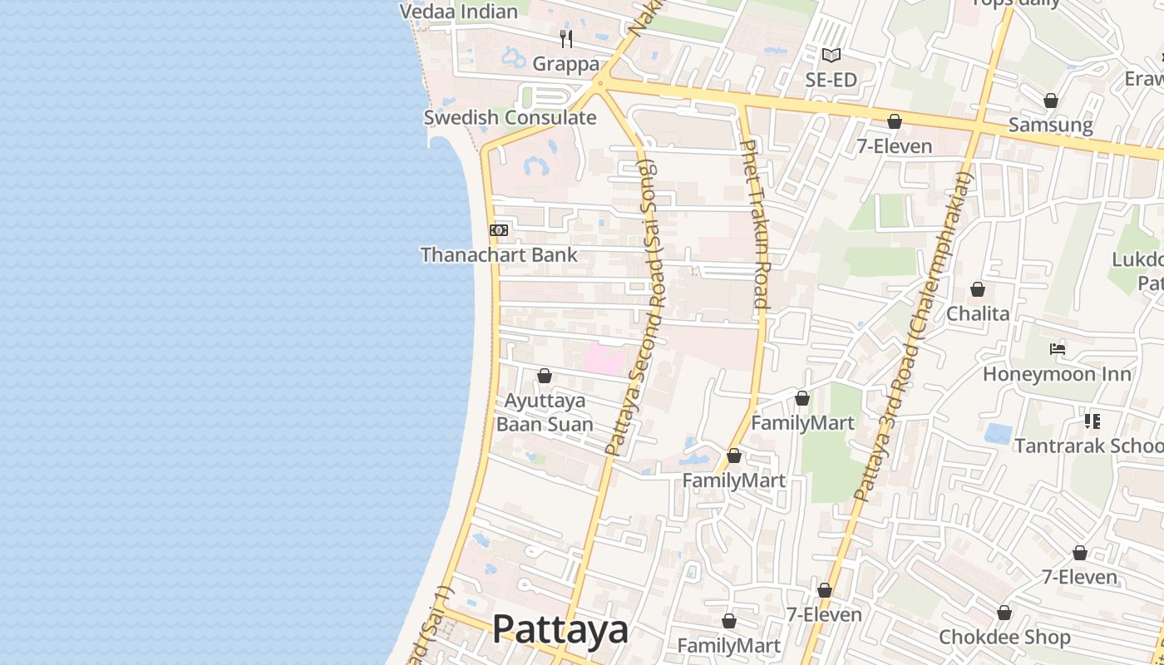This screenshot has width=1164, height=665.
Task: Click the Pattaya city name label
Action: coord(560,629)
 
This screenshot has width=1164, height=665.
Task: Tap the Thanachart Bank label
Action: coord(499,255)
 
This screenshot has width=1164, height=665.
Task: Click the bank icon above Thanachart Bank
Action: coord(499,230)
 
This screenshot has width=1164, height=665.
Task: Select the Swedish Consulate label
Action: coord(510,117)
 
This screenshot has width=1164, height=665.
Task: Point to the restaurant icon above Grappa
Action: coord(566,38)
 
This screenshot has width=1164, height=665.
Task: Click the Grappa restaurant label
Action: coord(565,64)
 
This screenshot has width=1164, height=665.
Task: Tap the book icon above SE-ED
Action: coord(831,56)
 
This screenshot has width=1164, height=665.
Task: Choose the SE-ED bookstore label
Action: coord(831,80)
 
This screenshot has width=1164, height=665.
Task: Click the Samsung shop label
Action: coord(1050,125)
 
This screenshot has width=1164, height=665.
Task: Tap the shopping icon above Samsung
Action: coord(1051,101)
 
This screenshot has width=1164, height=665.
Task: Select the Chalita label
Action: coord(978,313)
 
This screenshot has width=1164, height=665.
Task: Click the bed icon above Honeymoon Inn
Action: coord(1058,349)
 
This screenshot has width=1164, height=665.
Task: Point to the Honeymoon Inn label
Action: coord(1057,374)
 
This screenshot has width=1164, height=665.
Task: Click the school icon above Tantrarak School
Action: coord(1092,421)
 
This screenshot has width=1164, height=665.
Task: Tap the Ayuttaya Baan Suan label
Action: coord(545,412)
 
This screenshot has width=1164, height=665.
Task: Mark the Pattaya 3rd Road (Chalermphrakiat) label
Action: coord(913,337)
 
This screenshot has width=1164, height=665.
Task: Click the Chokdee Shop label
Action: coord(1004,638)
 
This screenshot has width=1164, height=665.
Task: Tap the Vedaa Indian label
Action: coord(459,12)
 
